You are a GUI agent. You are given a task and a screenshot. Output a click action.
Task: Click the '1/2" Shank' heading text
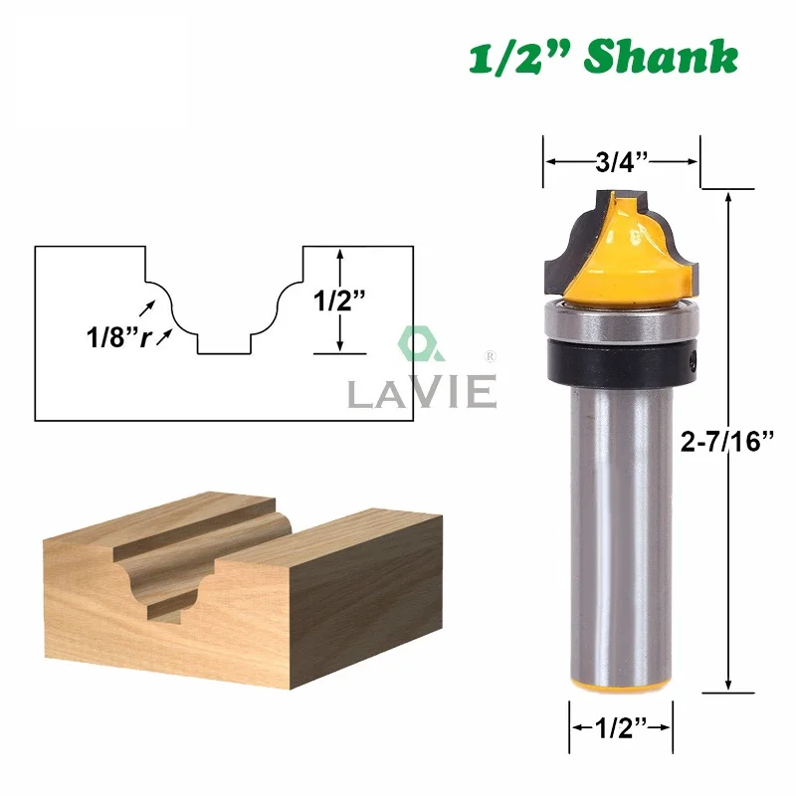pyautogui.click(x=603, y=58)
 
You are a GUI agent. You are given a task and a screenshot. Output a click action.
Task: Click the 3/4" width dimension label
pyautogui.click(x=622, y=162)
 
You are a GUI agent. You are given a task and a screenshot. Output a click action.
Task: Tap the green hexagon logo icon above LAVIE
pyautogui.click(x=414, y=344)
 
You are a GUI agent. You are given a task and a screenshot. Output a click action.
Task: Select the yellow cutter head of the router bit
pyautogui.click(x=637, y=249)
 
